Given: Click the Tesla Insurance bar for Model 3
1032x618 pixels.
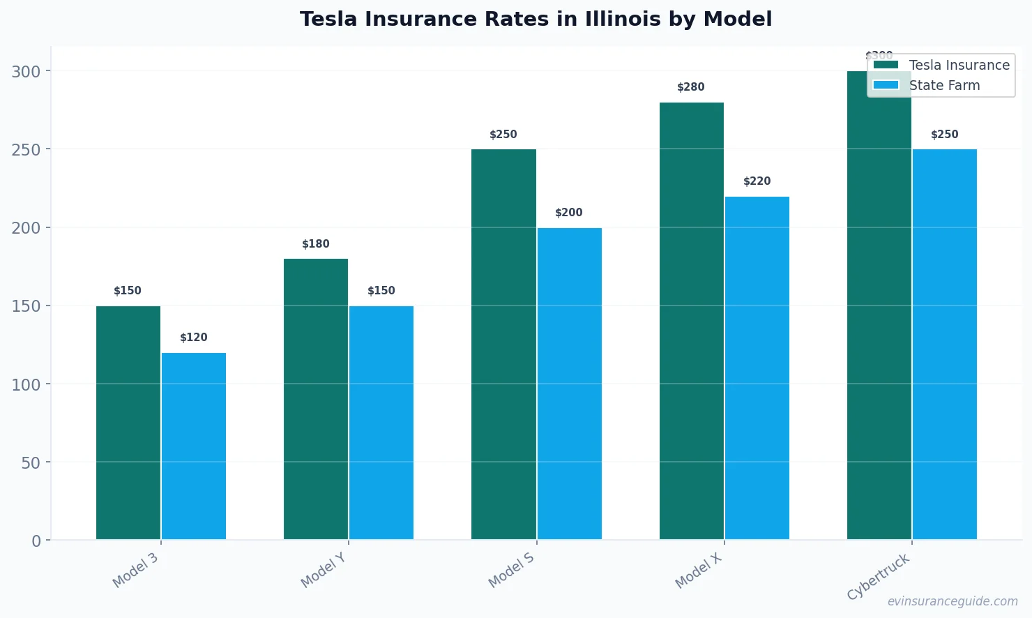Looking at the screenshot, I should [x=128, y=422].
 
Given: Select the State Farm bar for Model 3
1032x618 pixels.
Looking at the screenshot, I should [x=194, y=446].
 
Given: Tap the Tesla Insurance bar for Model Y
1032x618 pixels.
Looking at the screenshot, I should [x=316, y=399].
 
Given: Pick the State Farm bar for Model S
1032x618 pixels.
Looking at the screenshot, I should [x=570, y=384].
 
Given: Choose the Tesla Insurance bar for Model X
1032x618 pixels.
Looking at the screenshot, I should [x=692, y=321].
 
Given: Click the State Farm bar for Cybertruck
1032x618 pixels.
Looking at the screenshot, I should [x=945, y=344].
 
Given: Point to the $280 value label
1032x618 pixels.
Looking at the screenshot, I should [x=691, y=87].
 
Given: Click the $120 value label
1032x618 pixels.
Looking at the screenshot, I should [x=194, y=338].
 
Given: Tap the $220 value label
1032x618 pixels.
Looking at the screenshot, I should [x=757, y=181].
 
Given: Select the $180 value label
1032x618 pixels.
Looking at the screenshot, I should [x=316, y=244].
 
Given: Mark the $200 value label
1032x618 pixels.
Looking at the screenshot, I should [x=569, y=213].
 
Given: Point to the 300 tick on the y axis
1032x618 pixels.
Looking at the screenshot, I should [x=26, y=71].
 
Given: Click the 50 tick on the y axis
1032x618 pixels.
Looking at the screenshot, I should [x=31, y=462].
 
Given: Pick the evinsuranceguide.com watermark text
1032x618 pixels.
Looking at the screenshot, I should [x=953, y=601].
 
